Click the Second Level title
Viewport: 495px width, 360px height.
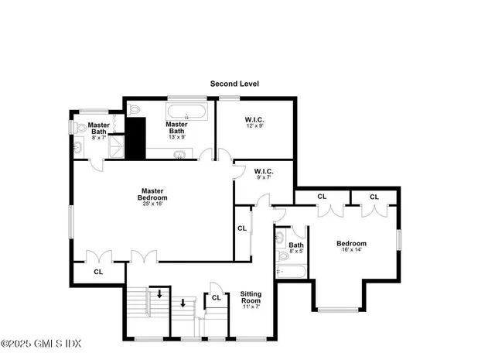coord(235,84)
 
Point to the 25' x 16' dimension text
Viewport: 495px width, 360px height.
coord(153,204)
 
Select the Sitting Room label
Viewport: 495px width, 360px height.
coord(251,297)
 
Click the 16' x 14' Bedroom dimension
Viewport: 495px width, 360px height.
coord(350,249)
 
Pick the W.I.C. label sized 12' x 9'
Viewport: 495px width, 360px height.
coord(255,119)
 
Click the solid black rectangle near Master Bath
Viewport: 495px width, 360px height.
coord(136,138)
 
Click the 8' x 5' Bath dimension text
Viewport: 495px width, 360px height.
coord(297,251)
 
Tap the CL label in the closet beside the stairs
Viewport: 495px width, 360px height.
coord(217,297)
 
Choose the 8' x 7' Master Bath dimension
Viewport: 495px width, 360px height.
coord(98,137)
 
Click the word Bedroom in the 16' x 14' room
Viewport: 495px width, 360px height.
coord(351,243)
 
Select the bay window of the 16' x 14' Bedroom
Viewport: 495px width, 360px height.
coord(340,310)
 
